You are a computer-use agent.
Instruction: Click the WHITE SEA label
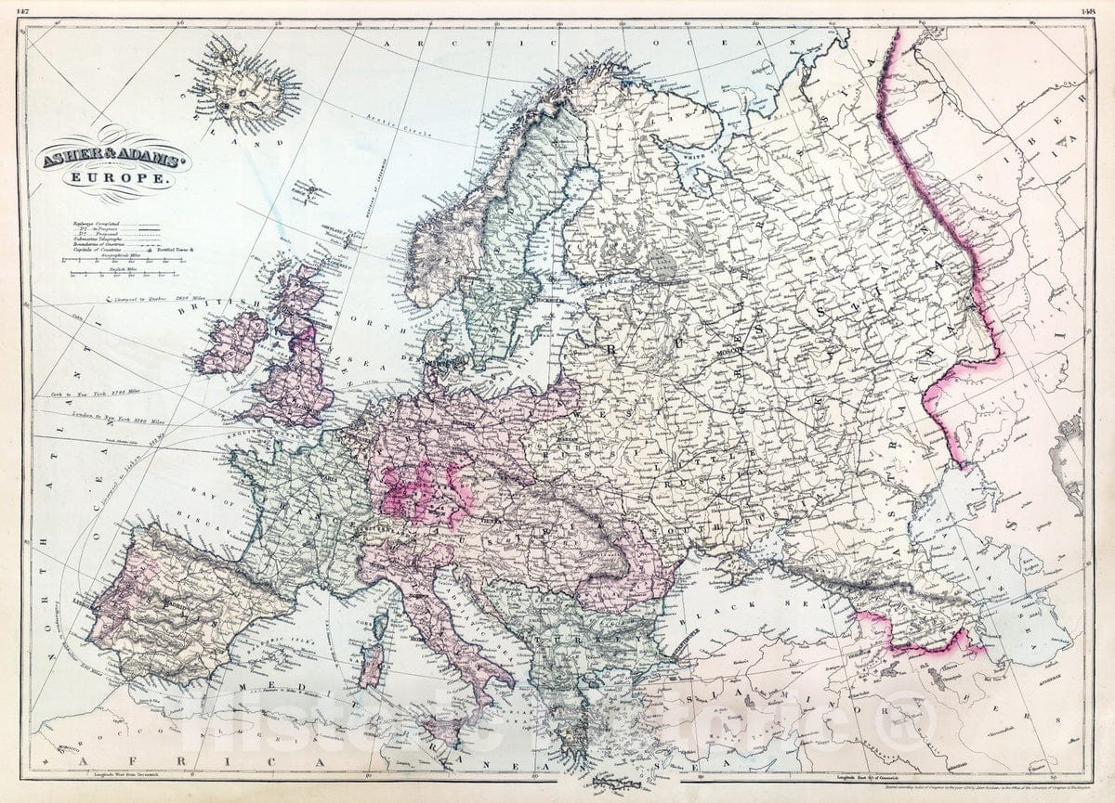[685, 159]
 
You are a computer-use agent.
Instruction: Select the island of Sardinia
[371, 666]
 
